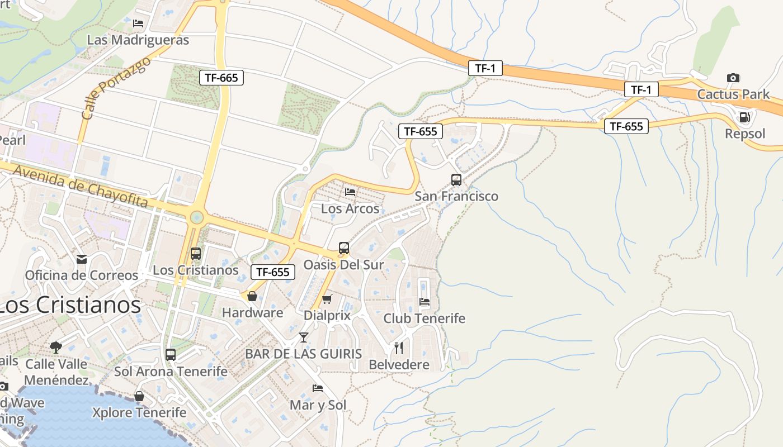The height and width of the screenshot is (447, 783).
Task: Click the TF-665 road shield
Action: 221,78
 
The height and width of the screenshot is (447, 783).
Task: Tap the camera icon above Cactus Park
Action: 733,78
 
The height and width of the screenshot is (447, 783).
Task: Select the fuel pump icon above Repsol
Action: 744,117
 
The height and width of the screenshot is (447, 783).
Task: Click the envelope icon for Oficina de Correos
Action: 82,259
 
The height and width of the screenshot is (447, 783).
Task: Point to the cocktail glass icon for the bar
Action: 303,337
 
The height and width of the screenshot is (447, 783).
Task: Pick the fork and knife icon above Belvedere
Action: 399,348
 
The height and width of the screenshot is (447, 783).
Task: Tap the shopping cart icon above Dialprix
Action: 327,299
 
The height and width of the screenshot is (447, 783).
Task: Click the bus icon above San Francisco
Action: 456,180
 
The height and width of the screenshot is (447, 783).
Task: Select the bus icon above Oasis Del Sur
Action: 344,248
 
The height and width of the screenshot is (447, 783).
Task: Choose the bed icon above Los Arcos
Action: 350,192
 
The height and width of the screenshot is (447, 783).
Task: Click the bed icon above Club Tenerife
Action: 424,302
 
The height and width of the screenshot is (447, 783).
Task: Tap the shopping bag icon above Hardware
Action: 252,296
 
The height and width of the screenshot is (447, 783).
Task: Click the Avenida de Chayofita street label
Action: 80,187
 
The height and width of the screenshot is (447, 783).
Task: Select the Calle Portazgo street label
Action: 116,88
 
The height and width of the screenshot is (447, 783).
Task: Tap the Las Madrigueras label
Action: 138,40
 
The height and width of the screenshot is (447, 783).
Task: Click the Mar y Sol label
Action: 318,405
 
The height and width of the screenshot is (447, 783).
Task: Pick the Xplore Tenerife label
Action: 139,413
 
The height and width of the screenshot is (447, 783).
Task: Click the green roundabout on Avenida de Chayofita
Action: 196,217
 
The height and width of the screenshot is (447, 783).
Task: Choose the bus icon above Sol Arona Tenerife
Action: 171,355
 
